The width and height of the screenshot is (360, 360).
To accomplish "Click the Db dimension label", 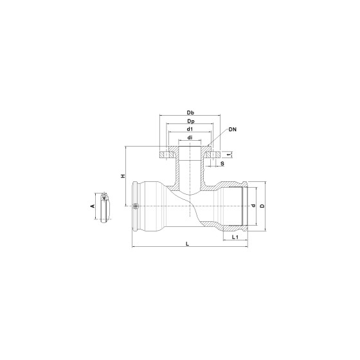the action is (190, 113).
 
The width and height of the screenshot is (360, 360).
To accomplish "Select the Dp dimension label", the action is (190, 121).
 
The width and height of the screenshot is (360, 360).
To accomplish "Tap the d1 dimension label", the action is (190, 129).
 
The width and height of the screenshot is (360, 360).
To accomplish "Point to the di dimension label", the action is (190, 138).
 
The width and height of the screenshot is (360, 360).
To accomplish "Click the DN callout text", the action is (232, 129).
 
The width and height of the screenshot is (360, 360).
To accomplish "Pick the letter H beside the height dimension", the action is (123, 176).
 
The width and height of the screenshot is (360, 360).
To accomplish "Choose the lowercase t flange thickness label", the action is (229, 155).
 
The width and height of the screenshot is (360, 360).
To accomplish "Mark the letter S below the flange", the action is (222, 163).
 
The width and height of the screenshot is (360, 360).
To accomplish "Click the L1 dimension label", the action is (235, 237).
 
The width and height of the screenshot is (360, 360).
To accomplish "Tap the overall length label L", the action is (187, 244).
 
